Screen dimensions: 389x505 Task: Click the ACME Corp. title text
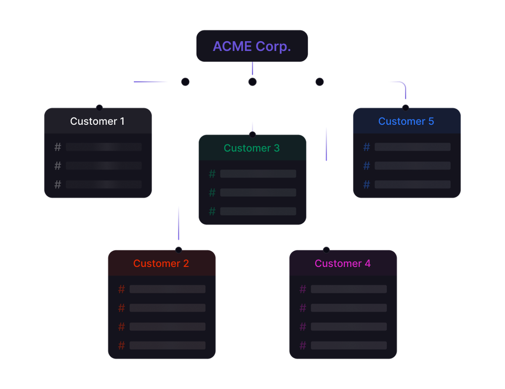pos(252,46)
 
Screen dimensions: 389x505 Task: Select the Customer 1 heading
pos(97,121)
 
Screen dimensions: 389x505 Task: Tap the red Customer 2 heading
pos(161,263)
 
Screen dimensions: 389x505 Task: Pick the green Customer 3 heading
pos(252,148)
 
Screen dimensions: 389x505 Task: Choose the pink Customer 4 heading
pos(343,263)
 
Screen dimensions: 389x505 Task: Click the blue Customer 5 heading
pos(406,121)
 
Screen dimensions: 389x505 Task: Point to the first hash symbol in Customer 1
pos(58,147)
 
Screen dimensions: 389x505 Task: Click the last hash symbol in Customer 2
pos(122,345)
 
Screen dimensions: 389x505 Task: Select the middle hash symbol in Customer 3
pos(212,192)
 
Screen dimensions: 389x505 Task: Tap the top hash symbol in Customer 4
pos(303,289)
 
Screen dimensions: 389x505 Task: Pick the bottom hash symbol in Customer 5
pos(367,184)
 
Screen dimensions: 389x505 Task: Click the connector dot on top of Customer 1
pos(99,108)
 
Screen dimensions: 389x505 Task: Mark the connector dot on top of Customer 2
pos(178,250)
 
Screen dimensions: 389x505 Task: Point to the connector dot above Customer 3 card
pos(252,134)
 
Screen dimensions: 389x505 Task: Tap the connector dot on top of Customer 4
pos(326,250)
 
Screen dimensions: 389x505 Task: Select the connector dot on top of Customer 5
pos(405,108)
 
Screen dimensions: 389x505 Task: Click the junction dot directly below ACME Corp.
pos(252,82)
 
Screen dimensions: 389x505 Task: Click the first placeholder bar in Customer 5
pos(412,147)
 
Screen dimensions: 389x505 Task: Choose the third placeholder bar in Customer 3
pos(258,211)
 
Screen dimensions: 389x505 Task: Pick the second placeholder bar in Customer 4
pos(348,308)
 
